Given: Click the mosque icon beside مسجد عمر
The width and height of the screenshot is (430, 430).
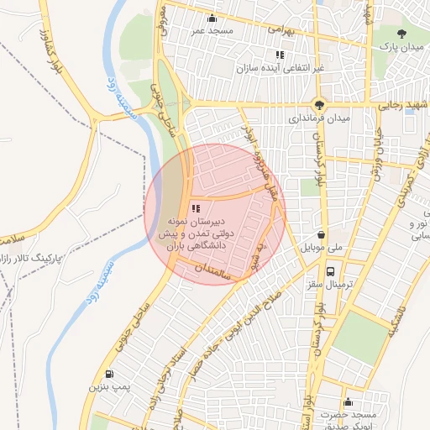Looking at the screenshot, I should pyautogui.click(x=212, y=18).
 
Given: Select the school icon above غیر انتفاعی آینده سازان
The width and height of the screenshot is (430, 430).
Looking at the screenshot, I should pyautogui.click(x=280, y=55).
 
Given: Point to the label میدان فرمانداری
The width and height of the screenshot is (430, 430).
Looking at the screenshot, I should pyautogui.click(x=315, y=118).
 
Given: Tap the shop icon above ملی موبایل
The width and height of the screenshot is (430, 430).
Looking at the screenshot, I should pyautogui.click(x=322, y=236).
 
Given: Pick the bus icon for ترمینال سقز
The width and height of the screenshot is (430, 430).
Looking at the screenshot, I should pyautogui.click(x=331, y=271).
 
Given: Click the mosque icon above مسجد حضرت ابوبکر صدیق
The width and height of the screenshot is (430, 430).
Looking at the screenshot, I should pyautogui.click(x=348, y=402).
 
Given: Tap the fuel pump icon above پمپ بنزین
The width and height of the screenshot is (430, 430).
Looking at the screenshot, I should pyautogui.click(x=108, y=375).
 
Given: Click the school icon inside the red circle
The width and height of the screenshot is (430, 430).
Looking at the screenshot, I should pyautogui.click(x=196, y=208).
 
